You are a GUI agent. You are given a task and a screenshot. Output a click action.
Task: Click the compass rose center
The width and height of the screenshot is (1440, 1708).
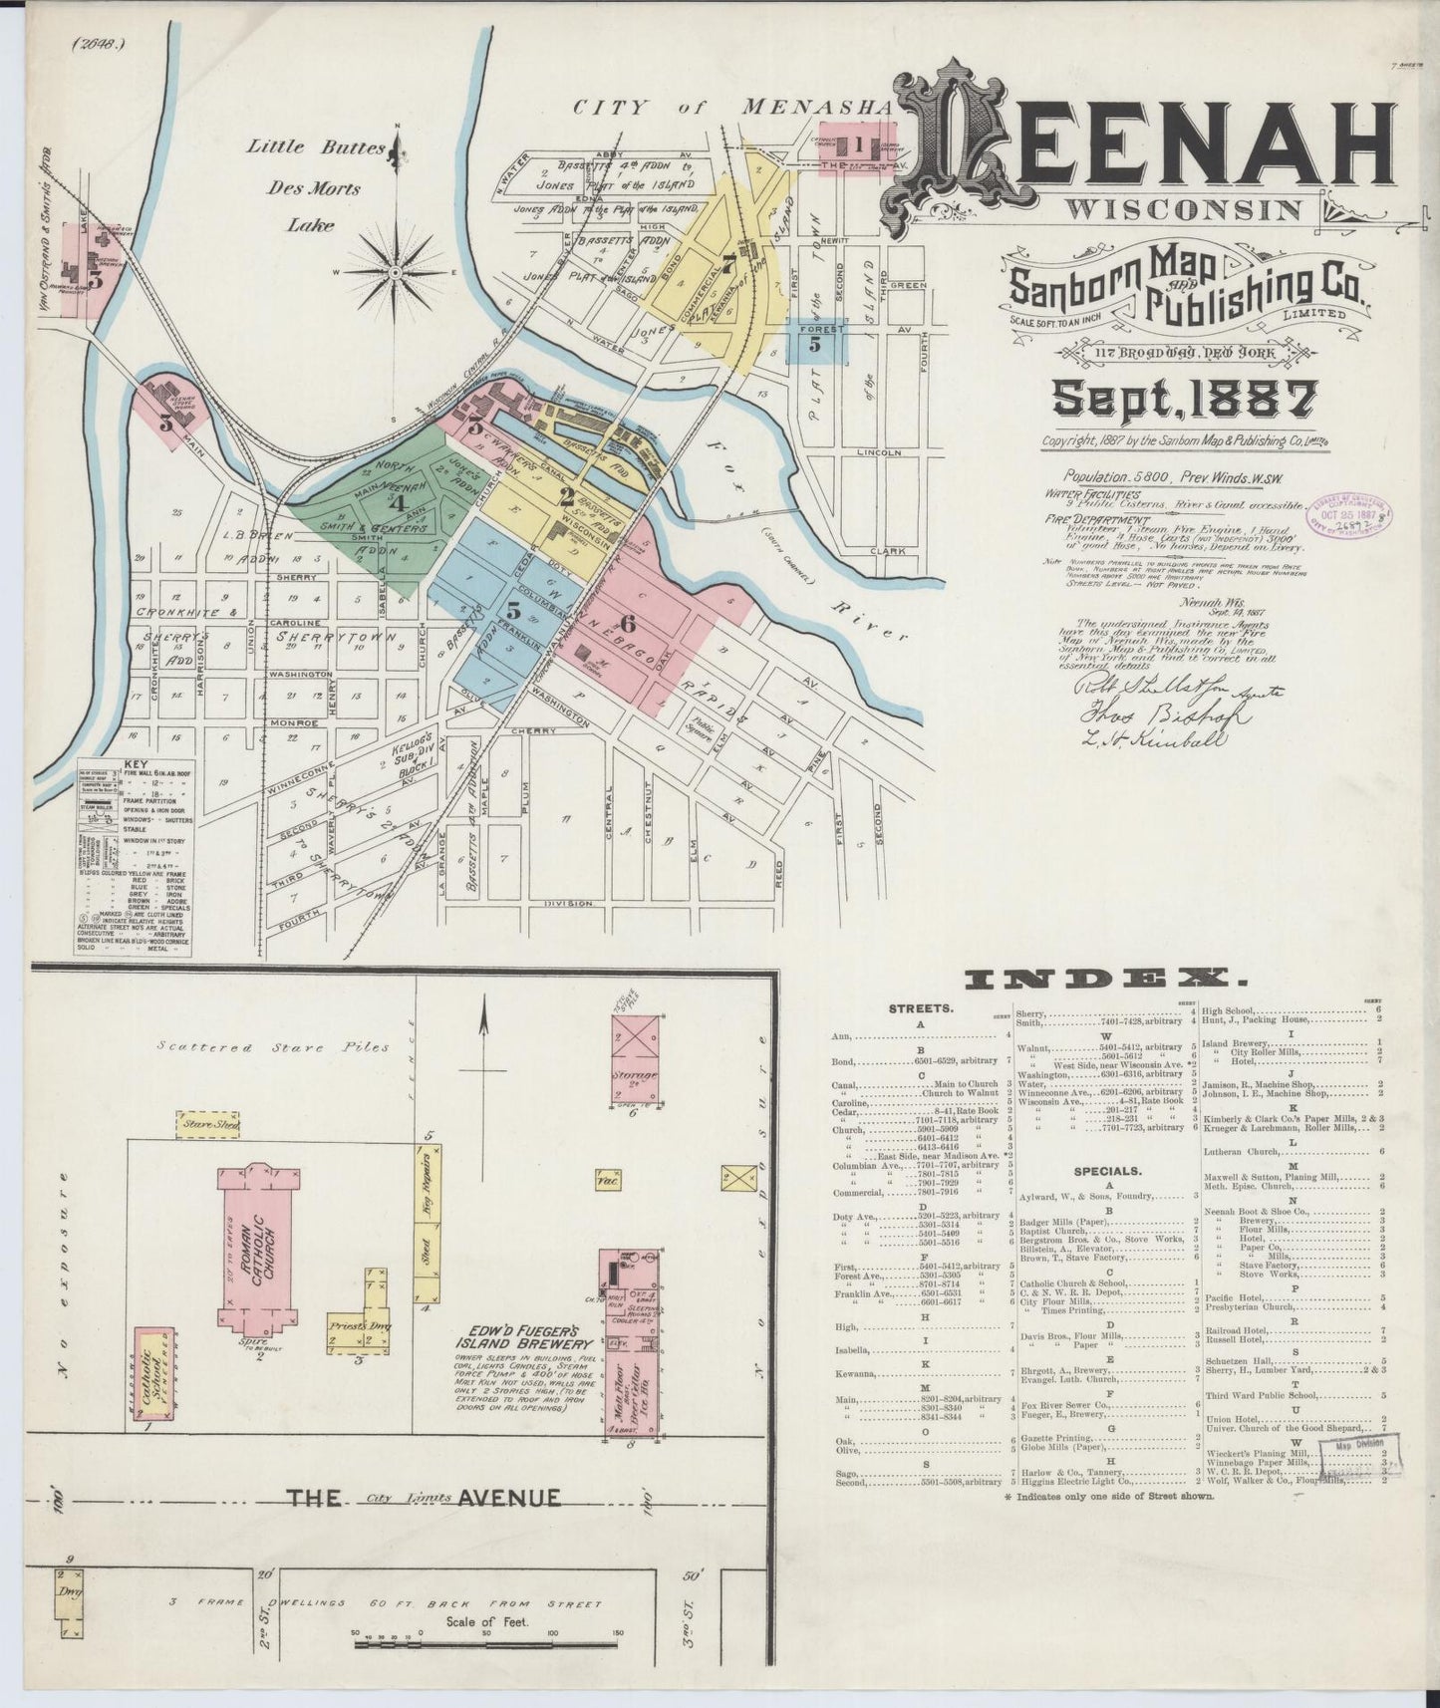click(396, 271)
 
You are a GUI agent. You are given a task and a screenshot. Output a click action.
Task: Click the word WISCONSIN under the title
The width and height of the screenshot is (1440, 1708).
click(1183, 210)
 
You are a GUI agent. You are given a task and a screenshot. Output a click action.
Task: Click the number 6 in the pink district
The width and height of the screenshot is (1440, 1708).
click(627, 624)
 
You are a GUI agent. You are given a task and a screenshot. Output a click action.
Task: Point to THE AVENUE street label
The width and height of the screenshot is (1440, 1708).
click(424, 1497)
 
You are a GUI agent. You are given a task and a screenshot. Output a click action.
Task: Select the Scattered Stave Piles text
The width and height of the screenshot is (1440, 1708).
click(273, 1048)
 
